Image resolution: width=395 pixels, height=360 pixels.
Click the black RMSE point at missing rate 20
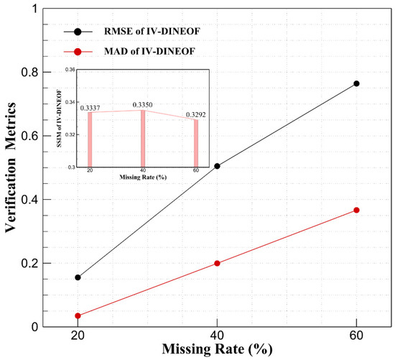point(78,277)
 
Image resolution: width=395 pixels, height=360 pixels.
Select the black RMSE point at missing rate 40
point(217,166)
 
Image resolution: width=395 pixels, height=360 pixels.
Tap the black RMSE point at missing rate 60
point(356,83)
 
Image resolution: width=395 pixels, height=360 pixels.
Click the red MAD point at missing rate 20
point(78,315)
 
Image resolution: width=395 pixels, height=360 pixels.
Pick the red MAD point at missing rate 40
point(217,263)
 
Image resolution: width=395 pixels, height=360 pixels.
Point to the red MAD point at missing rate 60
point(356,210)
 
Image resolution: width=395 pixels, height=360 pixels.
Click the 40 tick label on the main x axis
point(217,336)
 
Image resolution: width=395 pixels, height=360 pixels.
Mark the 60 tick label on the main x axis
point(356,336)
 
